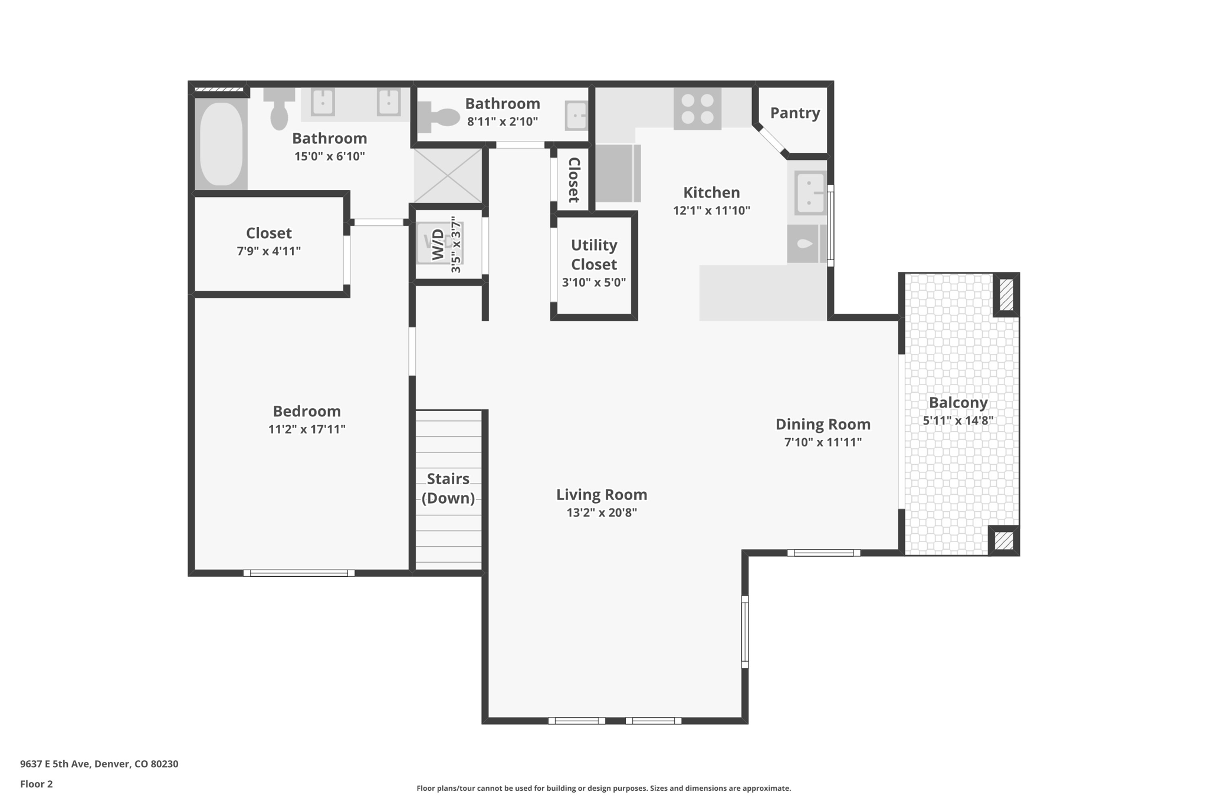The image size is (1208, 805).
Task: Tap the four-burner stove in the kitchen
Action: pos(697,109)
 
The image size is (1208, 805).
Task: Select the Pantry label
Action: pos(795,113)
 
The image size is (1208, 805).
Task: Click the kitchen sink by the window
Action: pos(809,192)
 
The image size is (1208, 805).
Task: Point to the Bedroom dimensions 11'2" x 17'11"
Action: pos(307,429)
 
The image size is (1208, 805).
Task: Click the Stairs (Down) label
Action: pos(448,488)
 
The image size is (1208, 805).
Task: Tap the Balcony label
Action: pos(958,403)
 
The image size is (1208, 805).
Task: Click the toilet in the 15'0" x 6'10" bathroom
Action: pos(279,109)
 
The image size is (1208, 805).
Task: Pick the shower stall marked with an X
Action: pos(448,176)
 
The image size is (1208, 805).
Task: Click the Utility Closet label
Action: pos(593,254)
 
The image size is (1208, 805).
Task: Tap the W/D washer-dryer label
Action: pos(438,244)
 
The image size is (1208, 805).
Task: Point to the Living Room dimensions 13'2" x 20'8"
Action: pos(602,512)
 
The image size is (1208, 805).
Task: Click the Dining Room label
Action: pos(822,424)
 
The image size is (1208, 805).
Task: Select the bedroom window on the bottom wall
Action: pos(299,573)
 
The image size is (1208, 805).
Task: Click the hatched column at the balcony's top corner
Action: pos(1006,295)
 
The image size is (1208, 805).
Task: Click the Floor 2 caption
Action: pos(37,784)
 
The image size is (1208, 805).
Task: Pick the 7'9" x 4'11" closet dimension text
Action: pos(268,251)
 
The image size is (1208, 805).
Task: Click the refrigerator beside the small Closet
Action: pos(616,173)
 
